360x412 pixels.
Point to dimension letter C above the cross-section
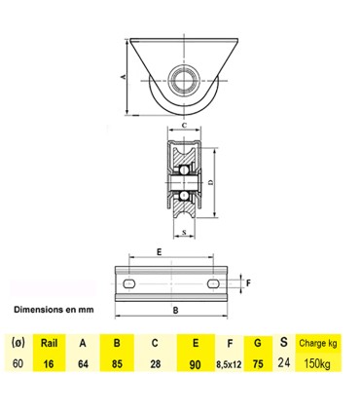tap(184, 126)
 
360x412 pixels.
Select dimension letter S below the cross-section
tap(184, 232)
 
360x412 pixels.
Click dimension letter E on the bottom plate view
tap(159, 251)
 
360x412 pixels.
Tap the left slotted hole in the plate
tap(127, 282)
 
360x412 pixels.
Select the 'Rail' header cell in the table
tap(49, 342)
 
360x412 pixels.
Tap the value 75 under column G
tap(255, 363)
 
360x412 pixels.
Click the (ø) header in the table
tap(18, 342)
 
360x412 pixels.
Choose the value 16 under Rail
tap(49, 363)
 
